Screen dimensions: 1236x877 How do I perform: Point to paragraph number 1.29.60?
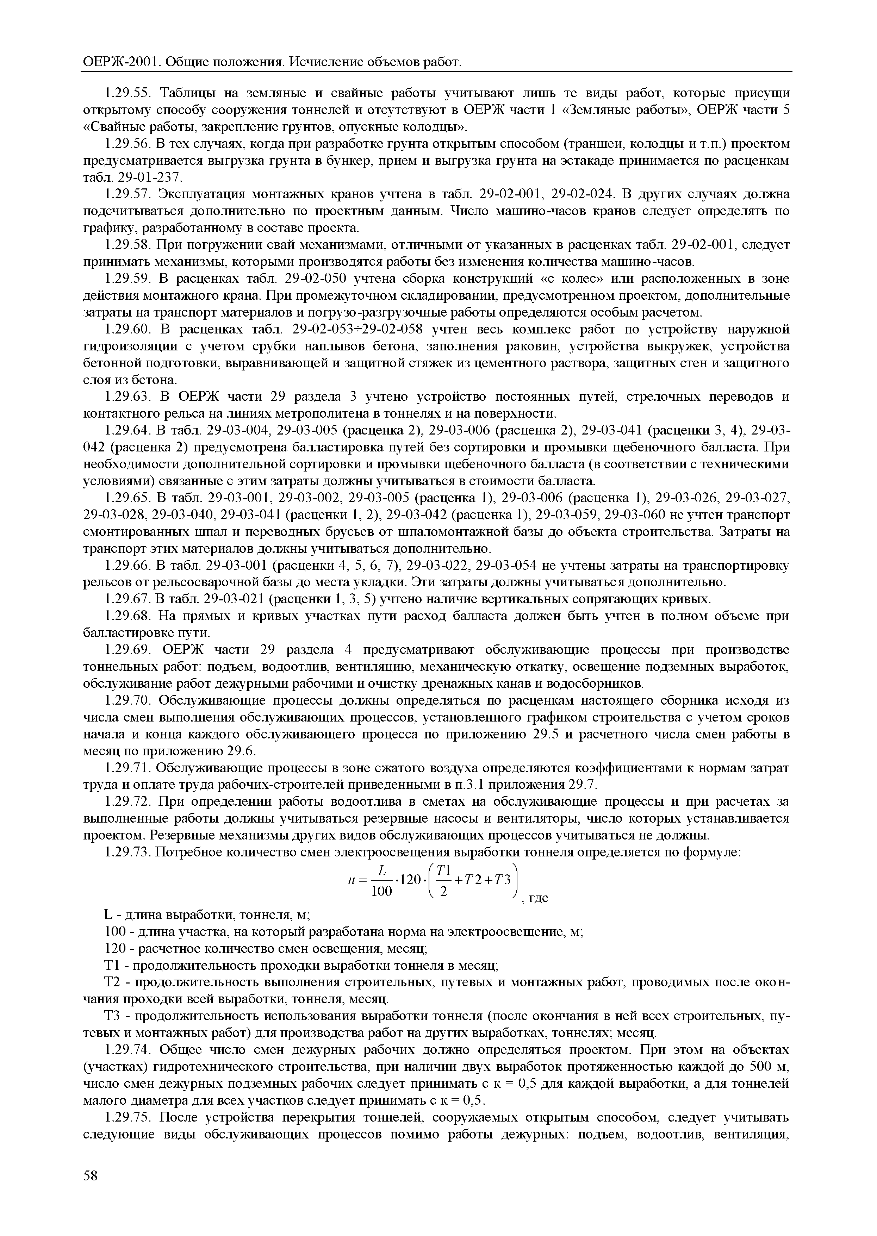pos(127,329)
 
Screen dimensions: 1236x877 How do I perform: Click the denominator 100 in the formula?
pos(382,892)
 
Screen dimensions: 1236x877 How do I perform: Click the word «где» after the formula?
pos(537,898)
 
